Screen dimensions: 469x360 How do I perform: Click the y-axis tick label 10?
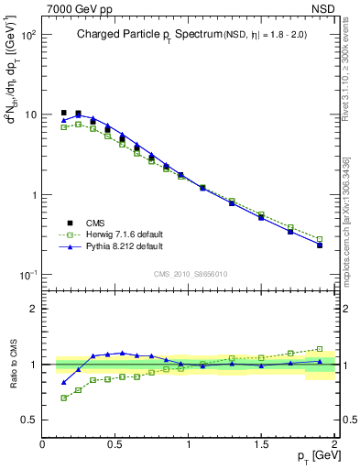point(30,115)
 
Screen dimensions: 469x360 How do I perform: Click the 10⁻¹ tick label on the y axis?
point(28,275)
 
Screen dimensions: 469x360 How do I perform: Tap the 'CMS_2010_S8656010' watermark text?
point(190,273)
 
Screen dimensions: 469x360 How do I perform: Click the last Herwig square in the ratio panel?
point(320,349)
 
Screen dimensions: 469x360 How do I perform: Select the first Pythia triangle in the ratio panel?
point(63,382)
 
